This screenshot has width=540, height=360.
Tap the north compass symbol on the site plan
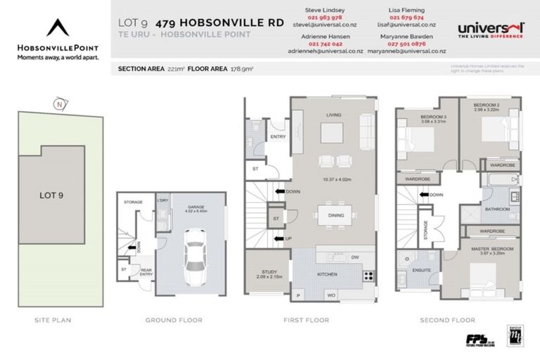coord(61,104)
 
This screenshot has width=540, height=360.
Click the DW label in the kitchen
coord(355,257)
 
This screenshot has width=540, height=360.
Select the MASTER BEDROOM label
coord(491,249)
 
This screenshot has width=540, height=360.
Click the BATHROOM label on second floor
coord(497,209)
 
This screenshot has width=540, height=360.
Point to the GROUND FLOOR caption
coord(174,321)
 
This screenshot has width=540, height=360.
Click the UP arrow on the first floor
coord(281,238)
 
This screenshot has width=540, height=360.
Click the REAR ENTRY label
coord(146,272)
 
